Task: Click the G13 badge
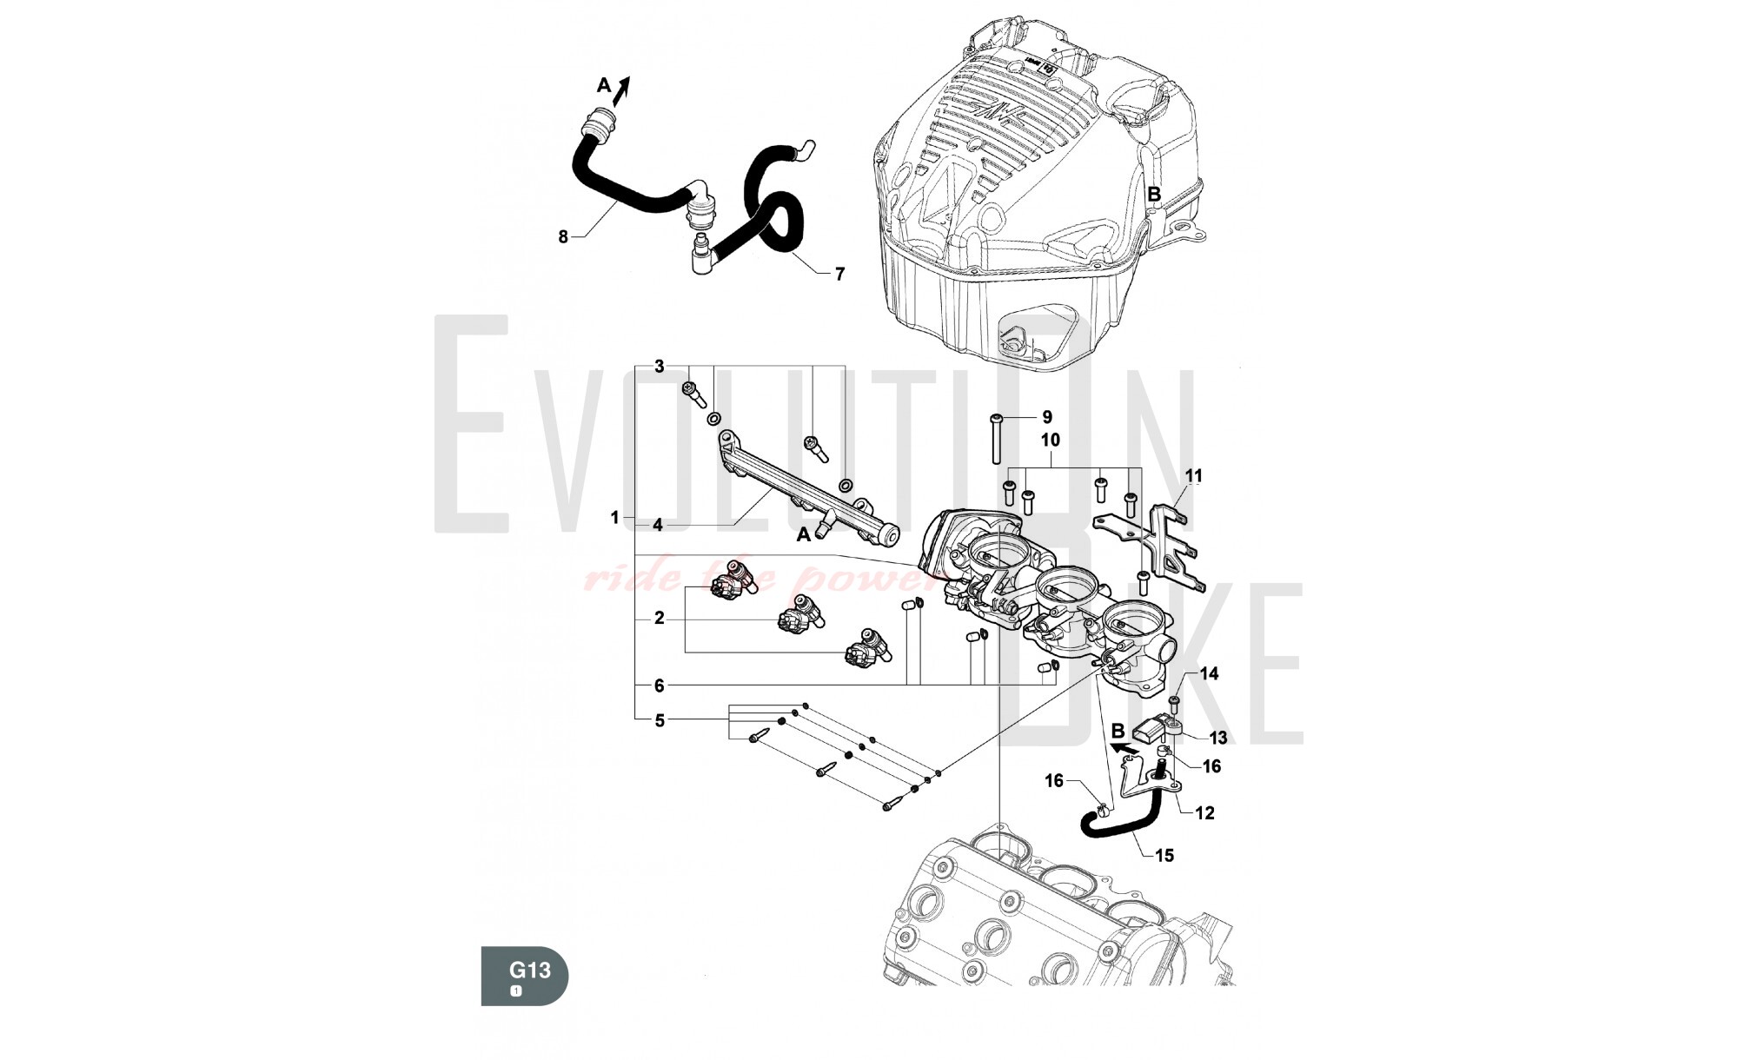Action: click(524, 976)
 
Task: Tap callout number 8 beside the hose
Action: click(563, 236)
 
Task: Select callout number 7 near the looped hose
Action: click(839, 275)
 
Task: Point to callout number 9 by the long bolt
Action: click(1046, 418)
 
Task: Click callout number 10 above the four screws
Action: click(1051, 441)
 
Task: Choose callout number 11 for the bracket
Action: click(1194, 476)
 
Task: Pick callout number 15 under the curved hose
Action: click(1164, 856)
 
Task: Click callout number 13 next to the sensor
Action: click(1218, 738)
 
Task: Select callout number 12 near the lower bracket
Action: click(1204, 813)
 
